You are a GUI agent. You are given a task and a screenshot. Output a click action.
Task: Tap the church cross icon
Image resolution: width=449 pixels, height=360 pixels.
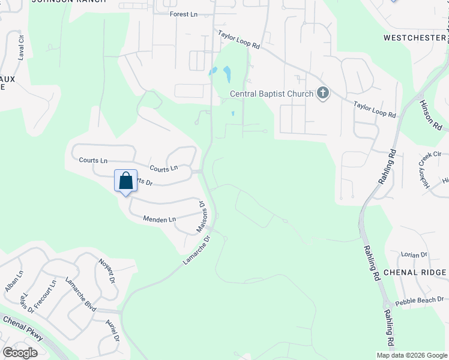pos(323,93)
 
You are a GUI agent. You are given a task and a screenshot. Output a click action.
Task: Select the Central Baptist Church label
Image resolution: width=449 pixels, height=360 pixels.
pos(272,94)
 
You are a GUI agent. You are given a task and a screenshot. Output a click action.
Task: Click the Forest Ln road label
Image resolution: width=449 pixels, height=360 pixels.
pos(183,14)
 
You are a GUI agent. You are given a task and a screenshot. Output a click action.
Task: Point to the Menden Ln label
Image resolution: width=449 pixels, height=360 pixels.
pos(159,220)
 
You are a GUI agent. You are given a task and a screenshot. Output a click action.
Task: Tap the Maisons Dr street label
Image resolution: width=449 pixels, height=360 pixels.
pos(202,217)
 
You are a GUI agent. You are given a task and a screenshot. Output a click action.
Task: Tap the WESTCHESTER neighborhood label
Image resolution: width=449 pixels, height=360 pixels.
pos(414,37)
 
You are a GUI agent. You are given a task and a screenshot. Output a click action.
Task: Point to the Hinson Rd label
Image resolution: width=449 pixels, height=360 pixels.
pos(431,115)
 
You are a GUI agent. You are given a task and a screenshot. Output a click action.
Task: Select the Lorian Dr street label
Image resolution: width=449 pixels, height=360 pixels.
pos(415,254)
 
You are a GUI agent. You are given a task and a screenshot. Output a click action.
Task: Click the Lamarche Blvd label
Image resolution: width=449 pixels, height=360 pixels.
pos(80,295)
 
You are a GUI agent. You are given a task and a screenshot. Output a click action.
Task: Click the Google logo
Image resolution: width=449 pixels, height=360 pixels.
pos(20,353)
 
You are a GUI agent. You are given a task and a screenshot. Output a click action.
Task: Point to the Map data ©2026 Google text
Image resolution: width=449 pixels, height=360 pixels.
pos(411,355)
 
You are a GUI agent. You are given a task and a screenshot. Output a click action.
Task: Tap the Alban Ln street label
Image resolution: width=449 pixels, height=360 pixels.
pos(14,281)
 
